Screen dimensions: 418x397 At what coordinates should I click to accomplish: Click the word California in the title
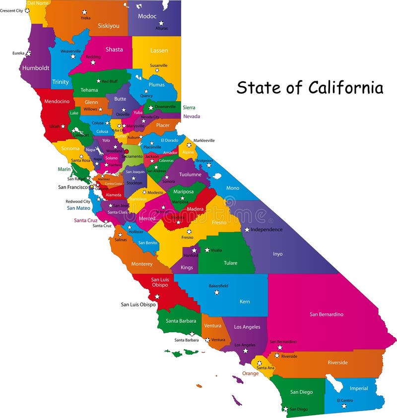point(345,88)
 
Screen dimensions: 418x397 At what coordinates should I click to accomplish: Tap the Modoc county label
point(147,16)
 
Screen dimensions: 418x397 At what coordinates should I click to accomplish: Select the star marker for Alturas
point(161,23)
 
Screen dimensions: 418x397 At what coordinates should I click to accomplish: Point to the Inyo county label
point(277,254)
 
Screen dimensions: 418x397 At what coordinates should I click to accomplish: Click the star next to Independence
point(247,230)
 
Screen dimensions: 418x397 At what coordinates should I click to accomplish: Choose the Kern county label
point(245,301)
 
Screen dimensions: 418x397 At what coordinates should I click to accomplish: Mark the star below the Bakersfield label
point(216,293)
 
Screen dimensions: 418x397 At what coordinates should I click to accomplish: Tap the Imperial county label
point(359,388)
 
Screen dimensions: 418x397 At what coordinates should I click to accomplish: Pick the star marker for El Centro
point(344,406)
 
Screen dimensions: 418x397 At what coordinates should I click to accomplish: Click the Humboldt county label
point(36,68)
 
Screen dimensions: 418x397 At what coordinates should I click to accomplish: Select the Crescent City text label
point(11,10)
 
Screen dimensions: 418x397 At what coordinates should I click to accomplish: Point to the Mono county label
point(232,188)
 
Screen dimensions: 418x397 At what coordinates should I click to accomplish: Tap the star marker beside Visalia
point(207,250)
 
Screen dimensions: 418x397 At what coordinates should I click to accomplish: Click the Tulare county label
point(230,263)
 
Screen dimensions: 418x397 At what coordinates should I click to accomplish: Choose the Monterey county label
point(142,264)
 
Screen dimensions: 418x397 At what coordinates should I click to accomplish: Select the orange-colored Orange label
point(250,373)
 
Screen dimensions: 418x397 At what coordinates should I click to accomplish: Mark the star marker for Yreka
point(84,12)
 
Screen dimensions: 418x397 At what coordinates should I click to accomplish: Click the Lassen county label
point(159,51)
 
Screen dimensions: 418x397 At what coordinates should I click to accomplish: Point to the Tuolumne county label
point(190,175)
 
